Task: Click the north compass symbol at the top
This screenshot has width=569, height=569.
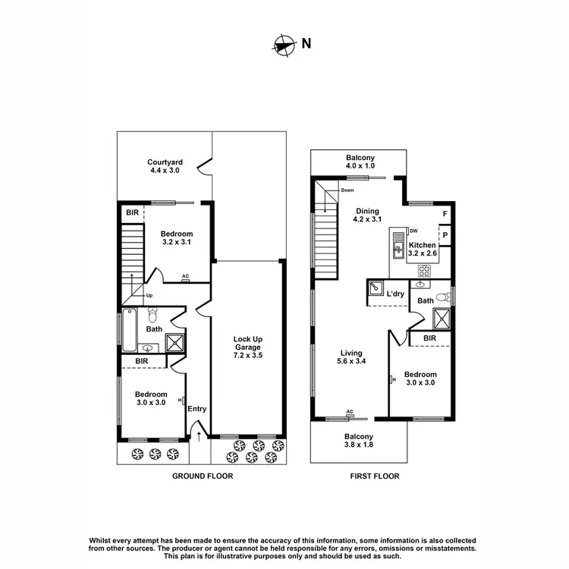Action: pyautogui.click(x=284, y=45)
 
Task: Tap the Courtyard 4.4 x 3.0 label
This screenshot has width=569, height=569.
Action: pyautogui.click(x=165, y=166)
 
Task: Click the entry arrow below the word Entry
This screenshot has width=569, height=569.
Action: pyautogui.click(x=199, y=435)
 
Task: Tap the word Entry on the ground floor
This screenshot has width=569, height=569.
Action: pyautogui.click(x=197, y=410)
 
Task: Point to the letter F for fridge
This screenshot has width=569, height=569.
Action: pyautogui.click(x=445, y=215)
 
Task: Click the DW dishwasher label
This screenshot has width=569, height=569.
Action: pyautogui.click(x=413, y=231)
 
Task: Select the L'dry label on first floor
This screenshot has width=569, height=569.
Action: pyautogui.click(x=395, y=294)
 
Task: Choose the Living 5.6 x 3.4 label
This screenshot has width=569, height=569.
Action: pyautogui.click(x=351, y=357)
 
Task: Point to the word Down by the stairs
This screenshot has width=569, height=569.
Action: pyautogui.click(x=347, y=190)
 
